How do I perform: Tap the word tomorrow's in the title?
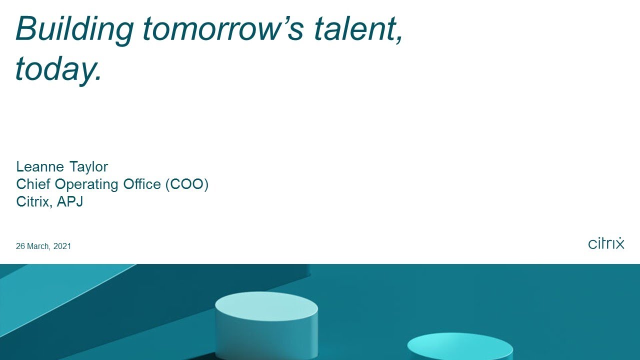tap(223, 29)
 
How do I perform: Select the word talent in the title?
tap(355, 29)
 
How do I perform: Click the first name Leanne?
tap(40, 166)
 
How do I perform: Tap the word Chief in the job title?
tap(33, 184)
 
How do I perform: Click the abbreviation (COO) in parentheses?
tap(186, 184)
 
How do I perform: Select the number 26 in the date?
tap(20, 246)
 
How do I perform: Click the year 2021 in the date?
tap(62, 246)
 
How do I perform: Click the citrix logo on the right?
tap(606, 243)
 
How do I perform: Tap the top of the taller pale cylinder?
tap(266, 305)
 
